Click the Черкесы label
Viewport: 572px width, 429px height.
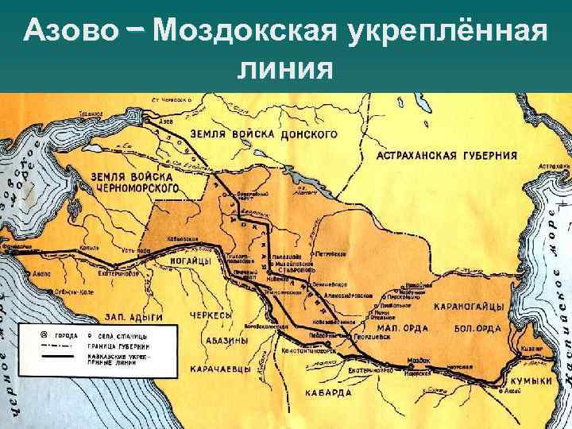pos(209,315)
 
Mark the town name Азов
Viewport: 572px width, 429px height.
pos(167,122)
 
